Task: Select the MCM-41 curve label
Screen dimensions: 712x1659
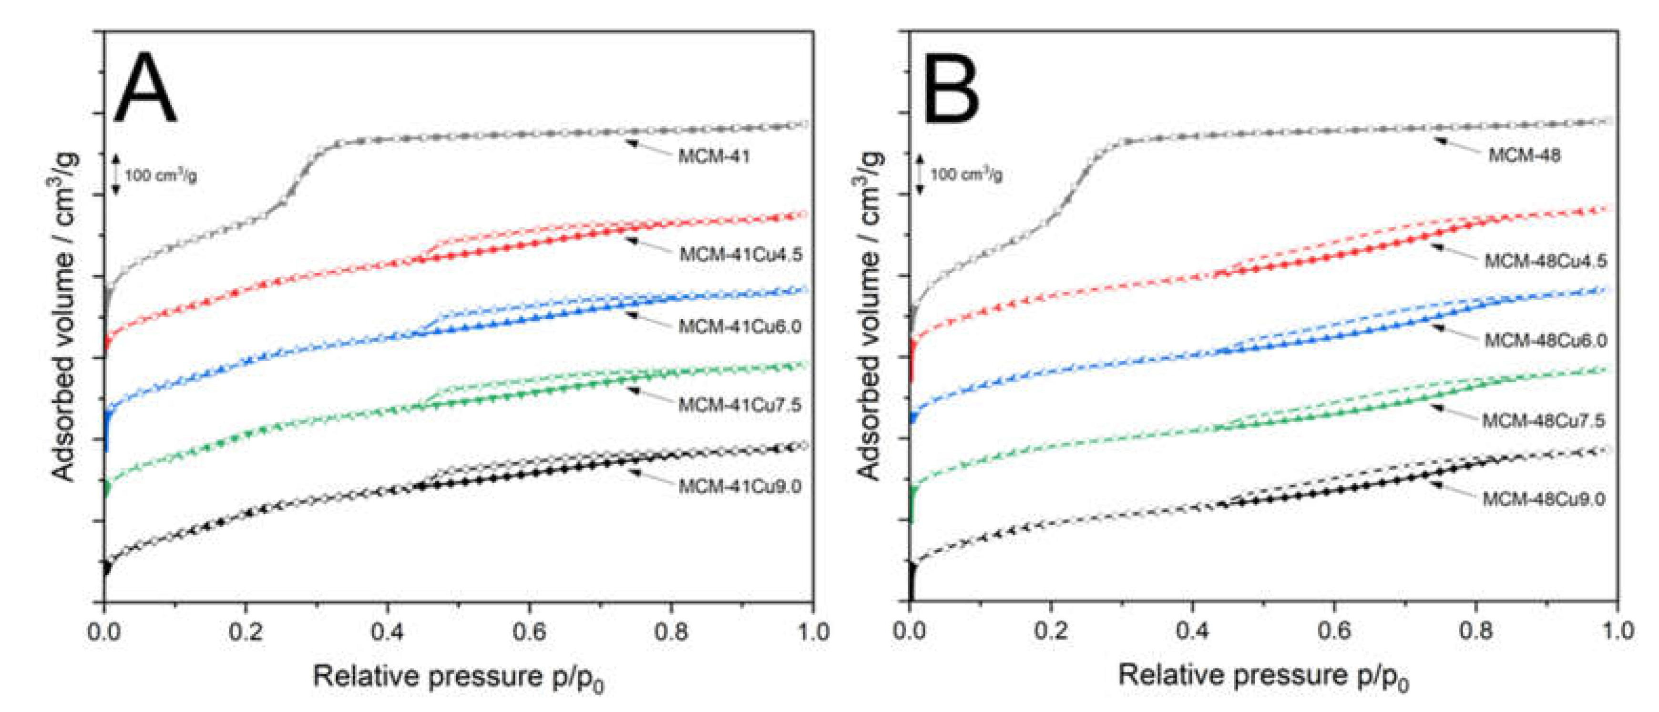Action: pyautogui.click(x=714, y=156)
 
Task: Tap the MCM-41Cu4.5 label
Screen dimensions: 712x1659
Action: pyautogui.click(x=741, y=254)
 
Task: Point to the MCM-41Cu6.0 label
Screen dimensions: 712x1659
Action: pyautogui.click(x=739, y=326)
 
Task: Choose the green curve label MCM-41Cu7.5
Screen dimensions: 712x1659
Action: pyautogui.click(x=739, y=405)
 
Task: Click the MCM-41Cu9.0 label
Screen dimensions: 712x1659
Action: pyautogui.click(x=739, y=486)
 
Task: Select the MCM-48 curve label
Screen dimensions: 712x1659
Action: pyautogui.click(x=1524, y=155)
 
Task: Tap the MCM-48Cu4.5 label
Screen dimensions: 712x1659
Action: pyautogui.click(x=1545, y=261)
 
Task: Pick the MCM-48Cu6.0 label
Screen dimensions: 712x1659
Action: pyautogui.click(x=1545, y=340)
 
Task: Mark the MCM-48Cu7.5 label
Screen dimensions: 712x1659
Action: pyautogui.click(x=1544, y=420)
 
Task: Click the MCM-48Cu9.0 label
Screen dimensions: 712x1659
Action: pyautogui.click(x=1544, y=499)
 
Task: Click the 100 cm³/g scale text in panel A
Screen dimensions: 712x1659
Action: pyautogui.click(x=160, y=175)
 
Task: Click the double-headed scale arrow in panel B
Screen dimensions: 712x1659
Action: pyautogui.click(x=920, y=174)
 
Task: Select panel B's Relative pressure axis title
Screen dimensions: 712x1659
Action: pyautogui.click(x=1263, y=676)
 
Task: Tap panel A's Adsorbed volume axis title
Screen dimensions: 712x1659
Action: pyautogui.click(x=64, y=315)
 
